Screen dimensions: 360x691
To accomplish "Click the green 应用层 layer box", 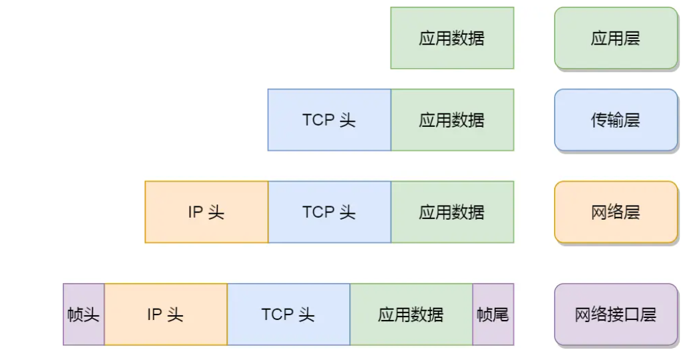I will pos(616,38).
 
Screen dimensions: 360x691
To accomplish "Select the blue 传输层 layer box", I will pos(616,120).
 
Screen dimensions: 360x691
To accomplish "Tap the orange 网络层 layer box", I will pos(616,212).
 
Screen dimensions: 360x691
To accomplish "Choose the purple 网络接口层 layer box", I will pos(616,315).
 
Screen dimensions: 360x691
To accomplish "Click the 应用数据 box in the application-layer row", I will pos(452,38).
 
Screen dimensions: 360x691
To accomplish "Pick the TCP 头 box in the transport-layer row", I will pos(329,120).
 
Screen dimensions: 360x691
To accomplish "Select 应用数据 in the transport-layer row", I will pos(452,120).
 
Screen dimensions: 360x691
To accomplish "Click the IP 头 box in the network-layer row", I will pos(206,212).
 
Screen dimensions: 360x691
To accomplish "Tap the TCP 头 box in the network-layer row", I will pos(329,212).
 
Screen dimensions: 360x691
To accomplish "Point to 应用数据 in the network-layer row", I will pos(452,212).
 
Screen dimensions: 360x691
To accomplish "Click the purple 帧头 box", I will pos(83,315).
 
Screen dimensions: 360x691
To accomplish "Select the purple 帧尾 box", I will pos(493,315).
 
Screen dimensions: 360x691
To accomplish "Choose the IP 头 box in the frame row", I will pos(166,315).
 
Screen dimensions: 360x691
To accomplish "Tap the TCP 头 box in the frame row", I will pos(288,315).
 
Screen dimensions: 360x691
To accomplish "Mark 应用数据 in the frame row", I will pos(411,315).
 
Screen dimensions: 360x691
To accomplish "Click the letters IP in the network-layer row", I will pos(195,212).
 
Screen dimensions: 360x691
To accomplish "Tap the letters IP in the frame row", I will pos(154,315).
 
